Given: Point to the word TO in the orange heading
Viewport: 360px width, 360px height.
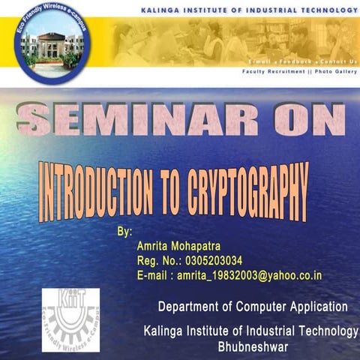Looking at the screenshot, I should (172, 192).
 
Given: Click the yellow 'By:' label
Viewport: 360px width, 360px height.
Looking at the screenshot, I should (124, 232).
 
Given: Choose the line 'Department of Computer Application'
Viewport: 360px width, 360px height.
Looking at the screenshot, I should (253, 307).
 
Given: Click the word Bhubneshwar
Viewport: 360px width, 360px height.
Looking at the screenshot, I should (253, 347).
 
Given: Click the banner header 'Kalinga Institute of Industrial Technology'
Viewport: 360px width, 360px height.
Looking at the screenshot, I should (248, 11).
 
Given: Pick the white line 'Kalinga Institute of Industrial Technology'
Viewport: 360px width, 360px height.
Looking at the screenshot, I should (253, 332).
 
